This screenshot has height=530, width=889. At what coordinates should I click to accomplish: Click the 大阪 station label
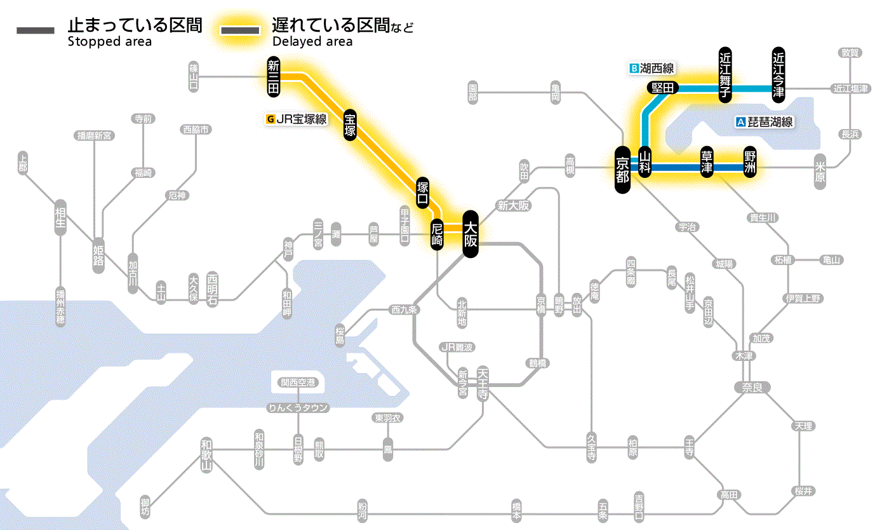pos(470,234)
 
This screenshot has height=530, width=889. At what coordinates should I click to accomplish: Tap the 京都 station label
pos(623,169)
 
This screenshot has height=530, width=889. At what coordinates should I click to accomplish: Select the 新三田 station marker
pos(274,77)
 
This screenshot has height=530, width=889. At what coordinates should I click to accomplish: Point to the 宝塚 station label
pos(350,125)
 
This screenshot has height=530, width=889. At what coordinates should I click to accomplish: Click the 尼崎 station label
pos(437,233)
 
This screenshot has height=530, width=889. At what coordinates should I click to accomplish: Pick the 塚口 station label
pos(422,193)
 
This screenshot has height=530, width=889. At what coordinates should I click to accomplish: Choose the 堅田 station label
pos(662,88)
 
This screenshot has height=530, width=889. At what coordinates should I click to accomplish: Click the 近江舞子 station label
pos(725,74)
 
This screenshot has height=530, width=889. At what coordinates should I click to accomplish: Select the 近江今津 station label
pos(778,74)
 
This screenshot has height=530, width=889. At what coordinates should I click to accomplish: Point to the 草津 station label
pos(706,163)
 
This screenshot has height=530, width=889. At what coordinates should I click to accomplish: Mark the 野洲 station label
pos(751,163)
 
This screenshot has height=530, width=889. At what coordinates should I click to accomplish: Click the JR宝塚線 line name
pos(301,119)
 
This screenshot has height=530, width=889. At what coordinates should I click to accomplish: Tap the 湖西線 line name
pos(657,68)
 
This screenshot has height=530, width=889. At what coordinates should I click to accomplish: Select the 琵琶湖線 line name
pos(770,122)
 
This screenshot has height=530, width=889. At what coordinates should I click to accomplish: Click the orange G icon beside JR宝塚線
pos(271,119)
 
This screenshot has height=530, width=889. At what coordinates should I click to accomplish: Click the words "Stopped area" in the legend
pos(110,42)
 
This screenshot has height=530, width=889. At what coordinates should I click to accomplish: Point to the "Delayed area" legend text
pos(312,42)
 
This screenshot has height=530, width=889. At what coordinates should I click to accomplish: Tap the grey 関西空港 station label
pos(298,383)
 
